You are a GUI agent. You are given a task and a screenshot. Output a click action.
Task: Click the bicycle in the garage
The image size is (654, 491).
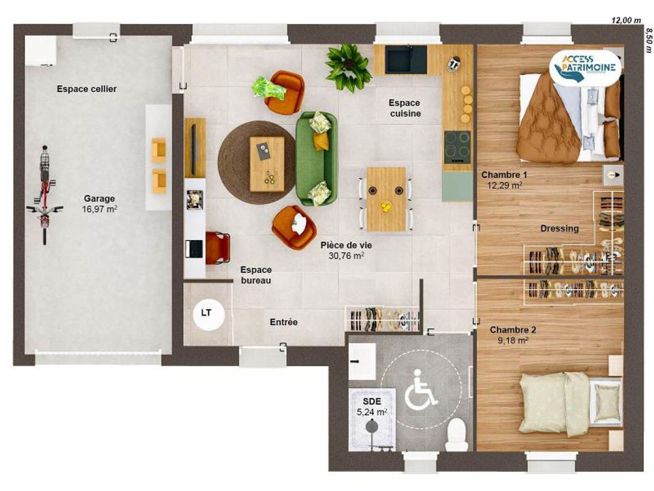[x=44, y=194]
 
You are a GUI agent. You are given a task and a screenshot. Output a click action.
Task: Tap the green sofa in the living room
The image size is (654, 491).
[x=316, y=159]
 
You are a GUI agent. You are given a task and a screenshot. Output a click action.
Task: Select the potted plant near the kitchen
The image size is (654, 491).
[x=348, y=68]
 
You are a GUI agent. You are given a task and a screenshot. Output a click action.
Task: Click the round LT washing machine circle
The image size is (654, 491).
[x=208, y=314]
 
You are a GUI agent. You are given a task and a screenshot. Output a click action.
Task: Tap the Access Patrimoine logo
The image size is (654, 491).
[x=585, y=66]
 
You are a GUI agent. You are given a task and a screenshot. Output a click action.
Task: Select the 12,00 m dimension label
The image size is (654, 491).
[x=625, y=20]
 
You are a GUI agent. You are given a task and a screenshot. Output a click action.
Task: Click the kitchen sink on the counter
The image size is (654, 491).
[x=406, y=59]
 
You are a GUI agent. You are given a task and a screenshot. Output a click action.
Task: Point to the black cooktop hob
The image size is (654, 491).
[x=457, y=147]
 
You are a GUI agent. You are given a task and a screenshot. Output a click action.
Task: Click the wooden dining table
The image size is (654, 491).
[x=386, y=199]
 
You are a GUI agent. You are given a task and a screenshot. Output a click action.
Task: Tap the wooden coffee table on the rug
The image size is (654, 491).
[x=267, y=164]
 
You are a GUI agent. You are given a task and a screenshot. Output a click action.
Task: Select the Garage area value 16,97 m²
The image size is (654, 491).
[x=99, y=209]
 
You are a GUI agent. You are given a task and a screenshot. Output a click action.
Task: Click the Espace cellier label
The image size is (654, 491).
[x=87, y=89]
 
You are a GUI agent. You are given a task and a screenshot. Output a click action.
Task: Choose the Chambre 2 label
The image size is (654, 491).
[x=513, y=330]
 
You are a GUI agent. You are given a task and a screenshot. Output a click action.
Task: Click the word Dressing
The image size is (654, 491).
[x=560, y=228]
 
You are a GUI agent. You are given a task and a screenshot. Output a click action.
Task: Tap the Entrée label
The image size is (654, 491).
[x=283, y=322]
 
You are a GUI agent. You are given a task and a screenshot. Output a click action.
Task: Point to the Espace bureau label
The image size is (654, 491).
[x=256, y=275]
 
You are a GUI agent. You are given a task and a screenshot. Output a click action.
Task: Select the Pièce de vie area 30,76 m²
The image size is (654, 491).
[x=346, y=256]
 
